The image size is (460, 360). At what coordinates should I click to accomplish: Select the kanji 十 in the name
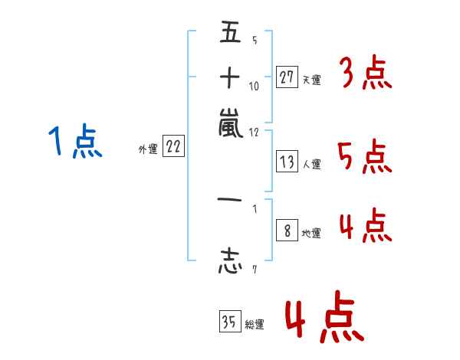click(x=230, y=78)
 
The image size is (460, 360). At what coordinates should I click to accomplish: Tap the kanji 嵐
click(x=230, y=123)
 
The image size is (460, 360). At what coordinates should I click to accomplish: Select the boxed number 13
click(x=287, y=162)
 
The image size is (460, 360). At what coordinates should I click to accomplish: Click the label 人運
click(x=311, y=164)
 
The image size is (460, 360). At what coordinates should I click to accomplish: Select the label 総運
click(x=255, y=325)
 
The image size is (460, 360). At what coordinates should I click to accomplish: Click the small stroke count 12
click(x=255, y=131)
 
